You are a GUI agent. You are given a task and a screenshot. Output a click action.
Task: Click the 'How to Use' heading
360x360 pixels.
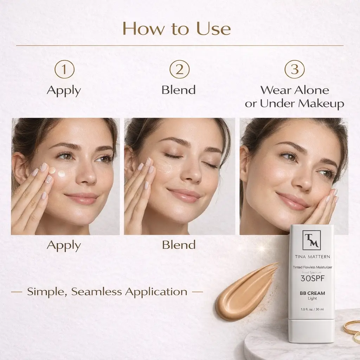(176, 28)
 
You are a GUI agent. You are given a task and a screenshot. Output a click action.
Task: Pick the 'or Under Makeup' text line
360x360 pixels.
(295, 103)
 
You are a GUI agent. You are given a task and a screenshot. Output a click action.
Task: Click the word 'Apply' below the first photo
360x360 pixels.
(64, 246)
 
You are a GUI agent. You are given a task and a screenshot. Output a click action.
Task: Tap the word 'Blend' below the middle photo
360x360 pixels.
(179, 245)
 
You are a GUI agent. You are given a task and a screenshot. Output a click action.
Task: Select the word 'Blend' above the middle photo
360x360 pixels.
(179, 90)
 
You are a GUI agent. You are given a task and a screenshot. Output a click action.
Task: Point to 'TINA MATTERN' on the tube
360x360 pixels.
(312, 257)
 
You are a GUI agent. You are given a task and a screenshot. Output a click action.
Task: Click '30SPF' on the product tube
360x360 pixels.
(313, 278)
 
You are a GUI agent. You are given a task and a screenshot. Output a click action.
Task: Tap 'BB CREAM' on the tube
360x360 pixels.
(312, 293)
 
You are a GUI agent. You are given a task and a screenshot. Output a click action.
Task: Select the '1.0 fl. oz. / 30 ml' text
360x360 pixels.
(312, 309)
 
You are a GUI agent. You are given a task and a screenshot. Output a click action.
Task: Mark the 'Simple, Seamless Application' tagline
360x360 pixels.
(107, 291)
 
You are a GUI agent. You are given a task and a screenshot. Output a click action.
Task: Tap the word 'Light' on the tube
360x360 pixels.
(312, 298)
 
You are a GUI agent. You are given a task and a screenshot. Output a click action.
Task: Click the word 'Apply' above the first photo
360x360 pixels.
(64, 91)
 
